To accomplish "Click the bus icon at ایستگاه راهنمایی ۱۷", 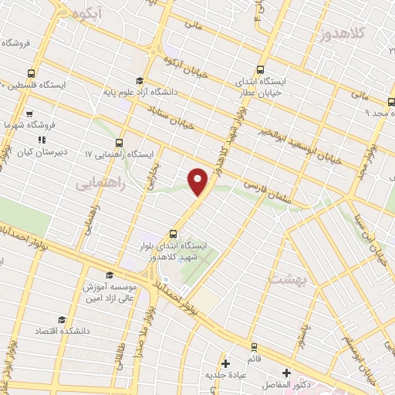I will (x=119, y=142).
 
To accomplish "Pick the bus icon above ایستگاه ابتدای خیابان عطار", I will (x=259, y=67).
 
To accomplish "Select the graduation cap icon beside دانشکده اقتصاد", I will (x=61, y=319).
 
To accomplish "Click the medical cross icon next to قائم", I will (x=225, y=363).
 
